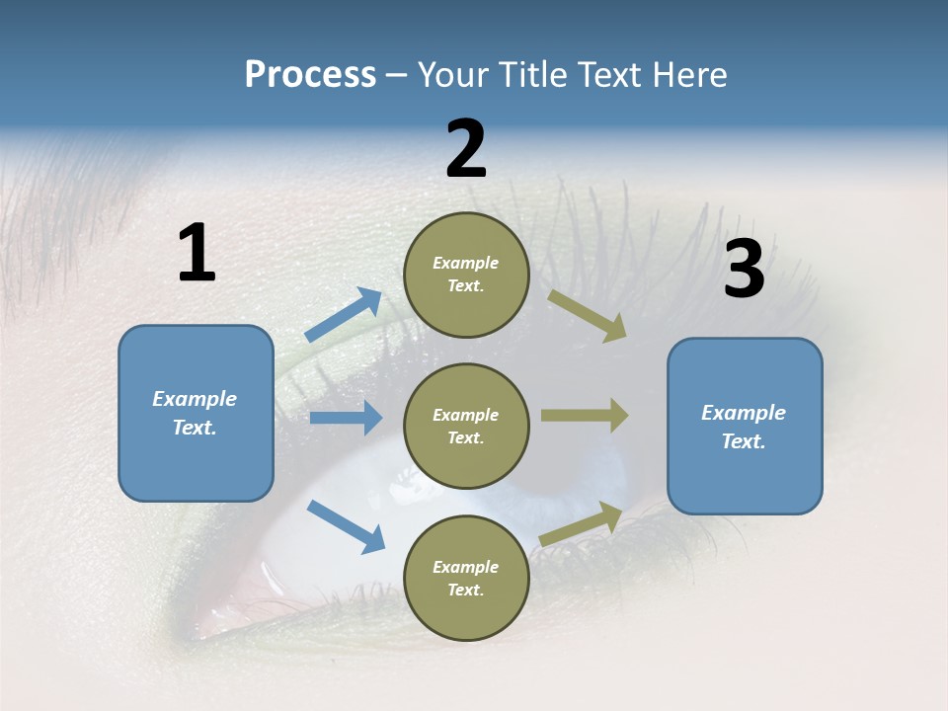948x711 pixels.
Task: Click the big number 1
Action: pos(197,253)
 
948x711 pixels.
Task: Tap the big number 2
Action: pos(466,149)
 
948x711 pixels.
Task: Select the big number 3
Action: pos(744,270)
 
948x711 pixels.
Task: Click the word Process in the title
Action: pos(310,74)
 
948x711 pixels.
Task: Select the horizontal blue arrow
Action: pos(346,418)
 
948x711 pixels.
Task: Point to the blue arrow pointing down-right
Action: pos(346,525)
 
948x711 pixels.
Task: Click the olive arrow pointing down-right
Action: pos(588,316)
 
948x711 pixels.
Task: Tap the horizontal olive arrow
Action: pos(585,415)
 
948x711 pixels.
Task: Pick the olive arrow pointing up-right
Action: pos(581,523)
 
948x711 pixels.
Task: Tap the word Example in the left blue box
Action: pos(195,399)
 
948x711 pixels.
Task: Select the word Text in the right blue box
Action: pos(743,441)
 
